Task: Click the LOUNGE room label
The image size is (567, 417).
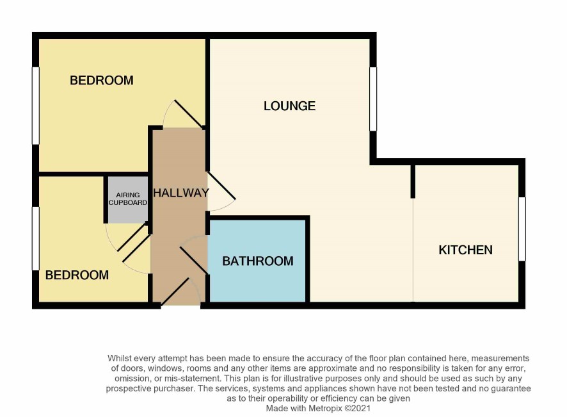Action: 289,106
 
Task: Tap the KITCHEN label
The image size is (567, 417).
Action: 465,250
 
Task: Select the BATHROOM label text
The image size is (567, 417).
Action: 258,261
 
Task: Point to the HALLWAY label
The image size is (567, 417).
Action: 181,193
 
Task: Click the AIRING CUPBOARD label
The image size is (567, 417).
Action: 128,199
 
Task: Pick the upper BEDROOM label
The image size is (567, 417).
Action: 102,80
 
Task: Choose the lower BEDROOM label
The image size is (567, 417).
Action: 77,275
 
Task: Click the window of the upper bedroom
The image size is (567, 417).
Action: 35,106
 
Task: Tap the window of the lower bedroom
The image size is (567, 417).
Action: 35,238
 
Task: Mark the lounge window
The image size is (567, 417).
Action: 373,99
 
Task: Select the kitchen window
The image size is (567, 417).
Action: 522,229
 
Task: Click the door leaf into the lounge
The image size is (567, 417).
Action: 221,185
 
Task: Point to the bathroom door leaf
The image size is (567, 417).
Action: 194,260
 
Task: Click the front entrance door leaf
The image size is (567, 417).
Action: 175,291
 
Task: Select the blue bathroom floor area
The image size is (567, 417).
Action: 258,261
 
